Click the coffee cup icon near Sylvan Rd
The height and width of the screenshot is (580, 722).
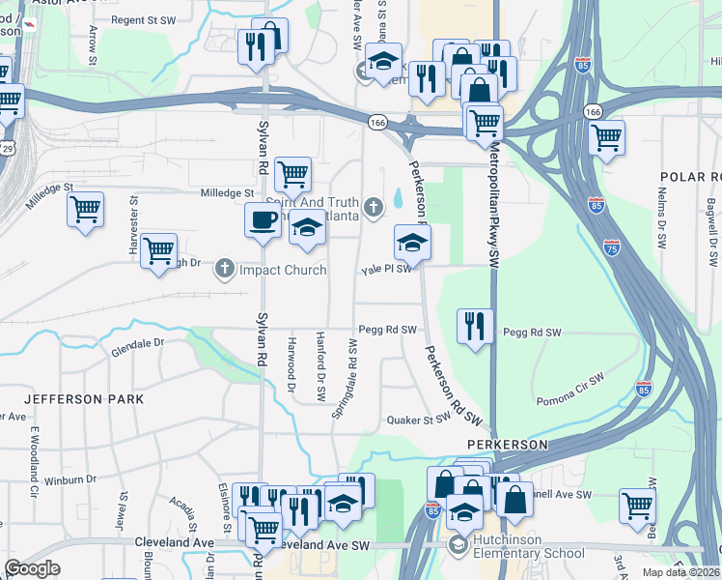tap(263, 220)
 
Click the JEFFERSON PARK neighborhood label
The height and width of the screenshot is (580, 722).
tap(84, 398)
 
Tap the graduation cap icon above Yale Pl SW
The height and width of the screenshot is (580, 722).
tap(411, 242)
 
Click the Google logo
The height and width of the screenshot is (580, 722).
tap(32, 568)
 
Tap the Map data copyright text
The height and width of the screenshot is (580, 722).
tap(681, 572)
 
